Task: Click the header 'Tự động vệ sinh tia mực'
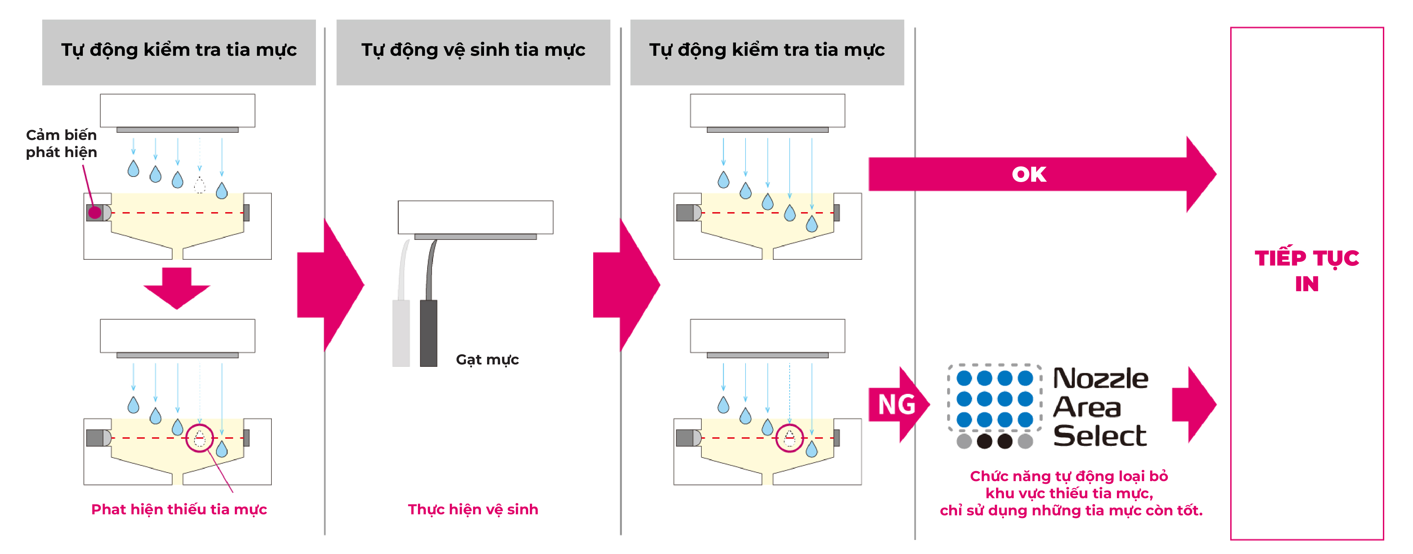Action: point(473,50)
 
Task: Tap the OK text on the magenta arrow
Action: point(1029,175)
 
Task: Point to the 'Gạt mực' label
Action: point(487,360)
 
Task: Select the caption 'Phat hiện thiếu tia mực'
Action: point(179,510)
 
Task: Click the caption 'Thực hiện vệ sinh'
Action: point(473,510)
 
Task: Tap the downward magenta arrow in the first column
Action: point(177,288)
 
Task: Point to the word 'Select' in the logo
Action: point(1100,436)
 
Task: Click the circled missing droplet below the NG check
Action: point(789,438)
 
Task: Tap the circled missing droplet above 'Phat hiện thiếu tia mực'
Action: point(200,438)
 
